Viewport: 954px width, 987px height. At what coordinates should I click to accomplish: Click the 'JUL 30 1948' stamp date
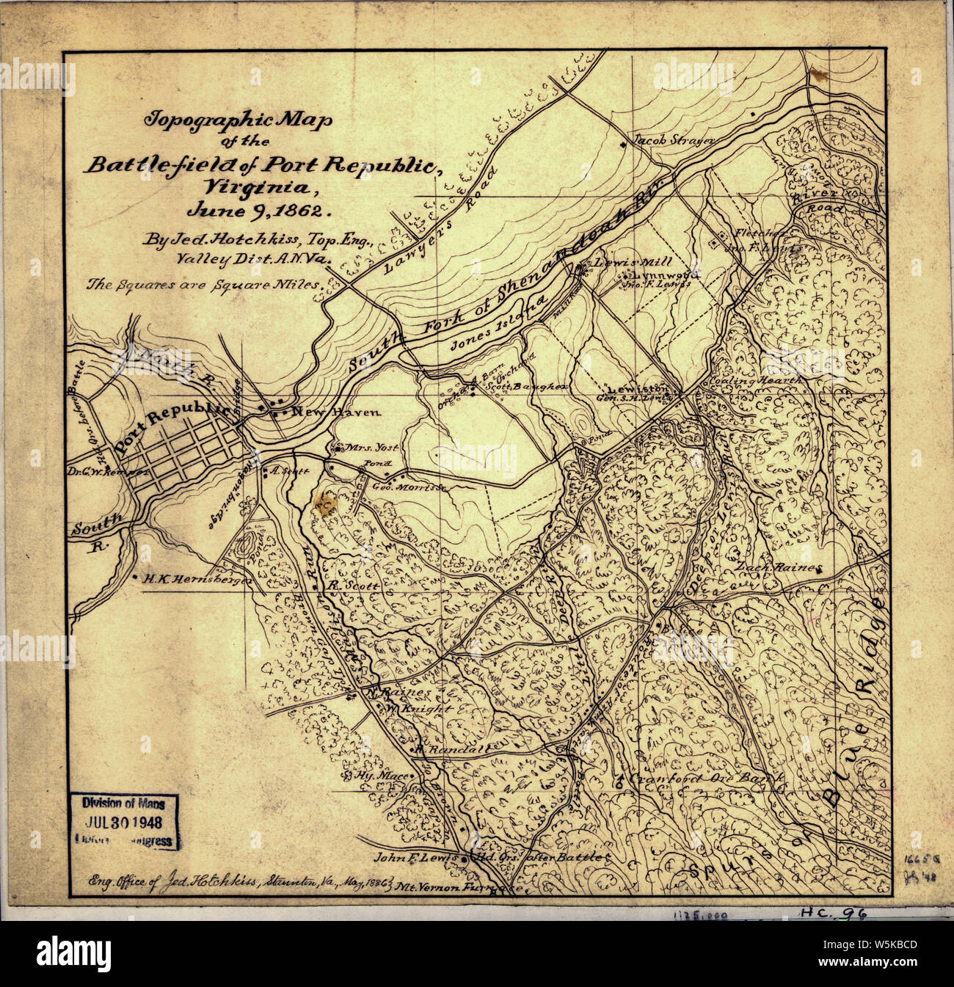tap(124, 823)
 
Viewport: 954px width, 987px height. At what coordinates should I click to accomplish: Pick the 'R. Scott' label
tap(353, 586)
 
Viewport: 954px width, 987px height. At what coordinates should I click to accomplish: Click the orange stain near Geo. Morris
tap(324, 503)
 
